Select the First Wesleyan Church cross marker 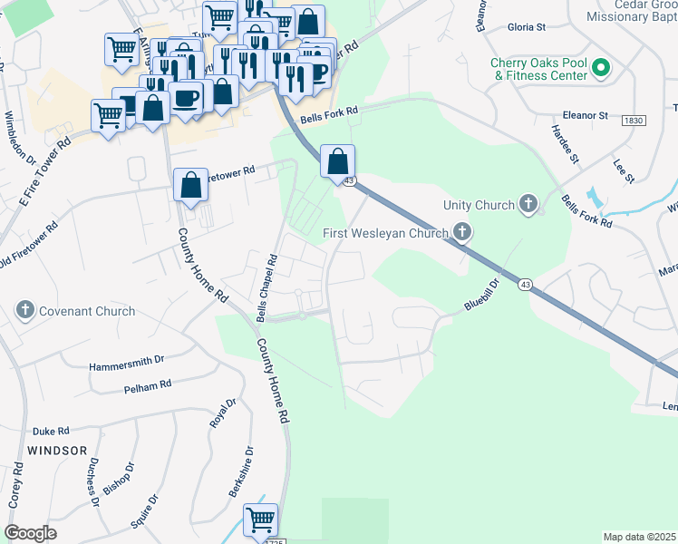[x=462, y=234]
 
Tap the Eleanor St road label [x=585, y=116]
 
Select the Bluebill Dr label [x=482, y=296]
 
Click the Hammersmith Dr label [x=126, y=366]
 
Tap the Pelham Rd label [x=148, y=385]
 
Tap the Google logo [x=31, y=533]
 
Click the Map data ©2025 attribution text [x=638, y=537]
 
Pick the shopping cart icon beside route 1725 [x=261, y=520]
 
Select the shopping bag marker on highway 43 [x=337, y=163]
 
